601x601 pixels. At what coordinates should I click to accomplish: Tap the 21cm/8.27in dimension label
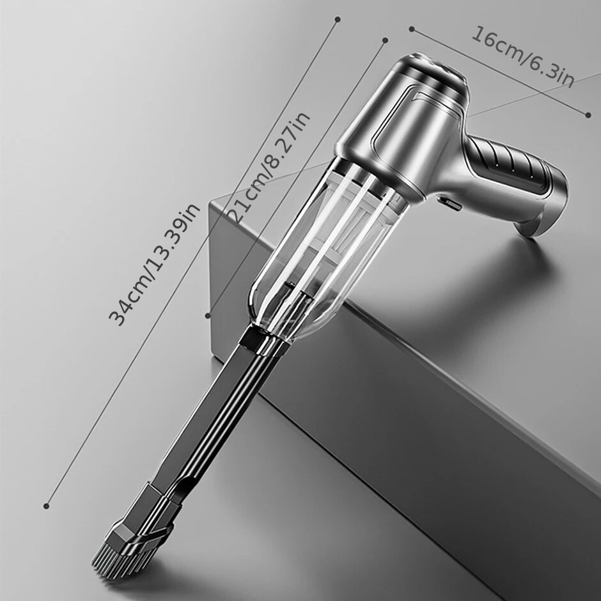click(x=269, y=167)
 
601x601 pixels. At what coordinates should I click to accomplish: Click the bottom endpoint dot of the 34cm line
click(x=47, y=506)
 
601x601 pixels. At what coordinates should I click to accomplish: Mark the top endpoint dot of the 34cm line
click(x=338, y=19)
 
